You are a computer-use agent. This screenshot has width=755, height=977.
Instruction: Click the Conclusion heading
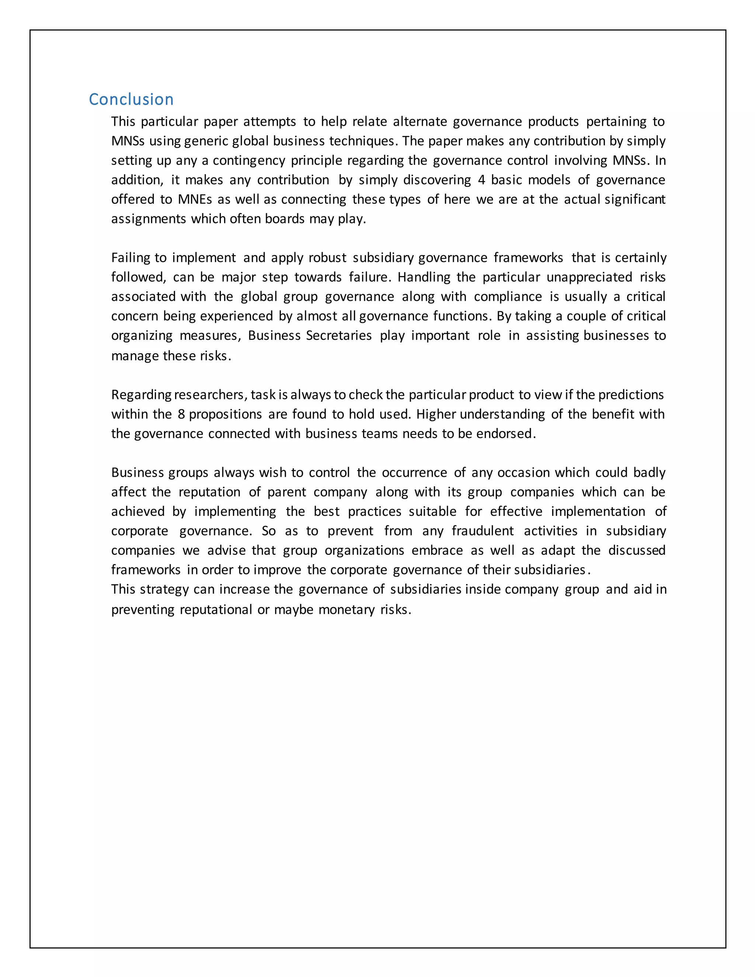pos(131,99)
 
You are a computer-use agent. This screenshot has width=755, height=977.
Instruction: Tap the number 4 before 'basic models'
pos(481,180)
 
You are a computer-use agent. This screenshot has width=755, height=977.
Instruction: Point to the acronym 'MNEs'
pos(195,199)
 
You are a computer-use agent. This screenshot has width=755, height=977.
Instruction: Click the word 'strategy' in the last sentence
pos(164,590)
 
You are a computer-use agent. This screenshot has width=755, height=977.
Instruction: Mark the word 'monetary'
pos(346,610)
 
